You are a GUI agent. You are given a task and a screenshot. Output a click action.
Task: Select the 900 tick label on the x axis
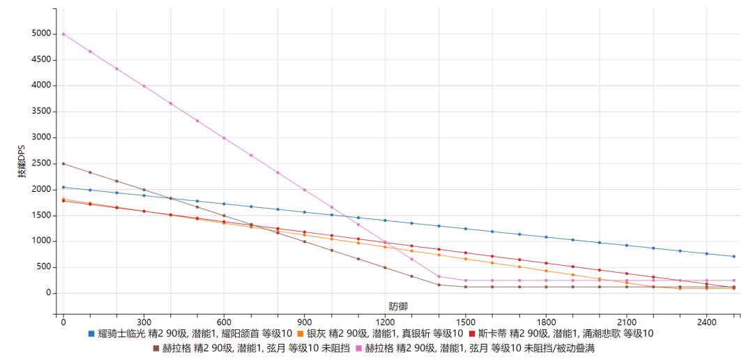[x=304, y=322]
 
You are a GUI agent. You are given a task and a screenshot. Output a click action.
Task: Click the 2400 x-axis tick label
[x=706, y=322]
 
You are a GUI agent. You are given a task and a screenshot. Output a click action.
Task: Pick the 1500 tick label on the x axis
[x=465, y=322]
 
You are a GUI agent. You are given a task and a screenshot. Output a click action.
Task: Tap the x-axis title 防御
[x=398, y=306]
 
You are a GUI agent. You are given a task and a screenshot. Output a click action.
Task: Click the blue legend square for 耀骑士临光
[x=91, y=333]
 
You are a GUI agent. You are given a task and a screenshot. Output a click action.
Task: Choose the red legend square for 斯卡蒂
[x=472, y=333]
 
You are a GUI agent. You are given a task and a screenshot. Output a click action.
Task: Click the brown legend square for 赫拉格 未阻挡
[x=156, y=347]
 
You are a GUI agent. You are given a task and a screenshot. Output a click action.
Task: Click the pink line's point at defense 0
[x=63, y=34]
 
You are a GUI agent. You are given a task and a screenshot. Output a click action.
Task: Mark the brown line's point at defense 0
[x=63, y=164]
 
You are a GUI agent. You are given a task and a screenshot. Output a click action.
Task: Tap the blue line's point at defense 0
[x=63, y=187]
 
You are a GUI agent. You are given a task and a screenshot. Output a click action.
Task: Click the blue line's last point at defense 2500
[x=733, y=257]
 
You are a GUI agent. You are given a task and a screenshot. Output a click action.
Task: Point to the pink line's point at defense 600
[x=224, y=138]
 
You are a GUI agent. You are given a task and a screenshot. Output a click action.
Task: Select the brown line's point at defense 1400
[x=439, y=285]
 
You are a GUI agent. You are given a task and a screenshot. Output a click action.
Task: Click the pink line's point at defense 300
[x=144, y=86]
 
